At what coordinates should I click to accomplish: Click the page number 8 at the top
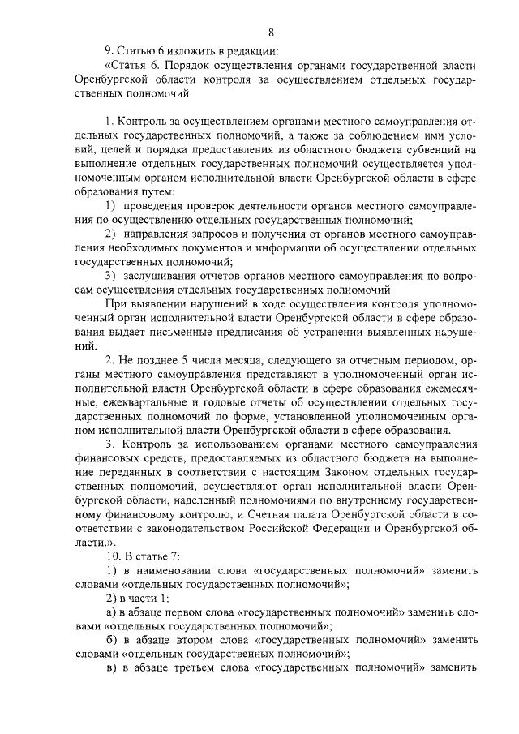271,32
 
